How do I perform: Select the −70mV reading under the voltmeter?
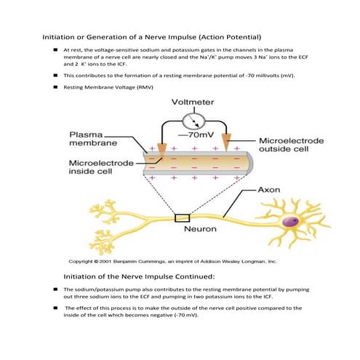tap(192, 135)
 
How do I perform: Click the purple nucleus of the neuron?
tap(293, 221)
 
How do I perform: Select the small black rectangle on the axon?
tap(182, 217)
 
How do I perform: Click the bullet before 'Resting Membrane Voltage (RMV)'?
tap(56, 87)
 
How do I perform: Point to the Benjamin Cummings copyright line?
tap(171, 260)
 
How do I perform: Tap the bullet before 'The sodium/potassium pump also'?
tap(56, 289)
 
